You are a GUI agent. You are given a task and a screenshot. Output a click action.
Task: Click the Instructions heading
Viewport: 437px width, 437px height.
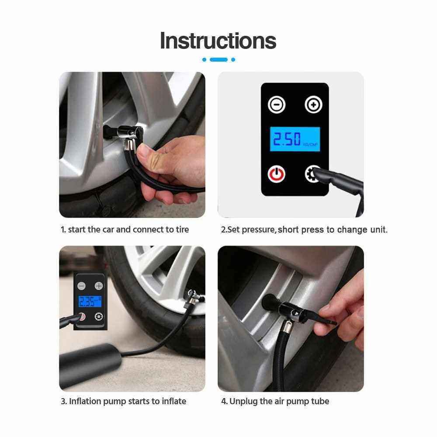(218, 41)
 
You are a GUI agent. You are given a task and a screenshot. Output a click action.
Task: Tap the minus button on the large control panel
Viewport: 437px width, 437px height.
(277, 105)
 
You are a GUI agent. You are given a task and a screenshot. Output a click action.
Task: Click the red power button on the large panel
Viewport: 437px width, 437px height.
(277, 174)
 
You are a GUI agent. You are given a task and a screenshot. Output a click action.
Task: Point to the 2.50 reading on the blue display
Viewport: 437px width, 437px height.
(287, 139)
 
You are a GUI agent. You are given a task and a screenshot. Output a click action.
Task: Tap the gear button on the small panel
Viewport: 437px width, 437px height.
(99, 316)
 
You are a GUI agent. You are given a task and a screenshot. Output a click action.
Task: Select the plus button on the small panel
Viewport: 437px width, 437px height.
(99, 286)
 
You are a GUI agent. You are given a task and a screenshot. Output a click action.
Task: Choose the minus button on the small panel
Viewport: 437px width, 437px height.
(82, 286)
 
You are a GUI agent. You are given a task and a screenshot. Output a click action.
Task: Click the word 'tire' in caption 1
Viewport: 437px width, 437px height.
(182, 229)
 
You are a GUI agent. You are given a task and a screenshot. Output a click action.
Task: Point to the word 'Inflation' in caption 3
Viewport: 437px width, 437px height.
(85, 401)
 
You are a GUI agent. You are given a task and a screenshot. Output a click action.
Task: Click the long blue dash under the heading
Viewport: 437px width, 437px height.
(218, 59)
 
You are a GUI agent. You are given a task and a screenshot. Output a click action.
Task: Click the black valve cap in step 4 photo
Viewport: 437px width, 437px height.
(271, 302)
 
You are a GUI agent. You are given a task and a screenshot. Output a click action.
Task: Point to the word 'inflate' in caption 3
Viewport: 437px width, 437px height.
(174, 401)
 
